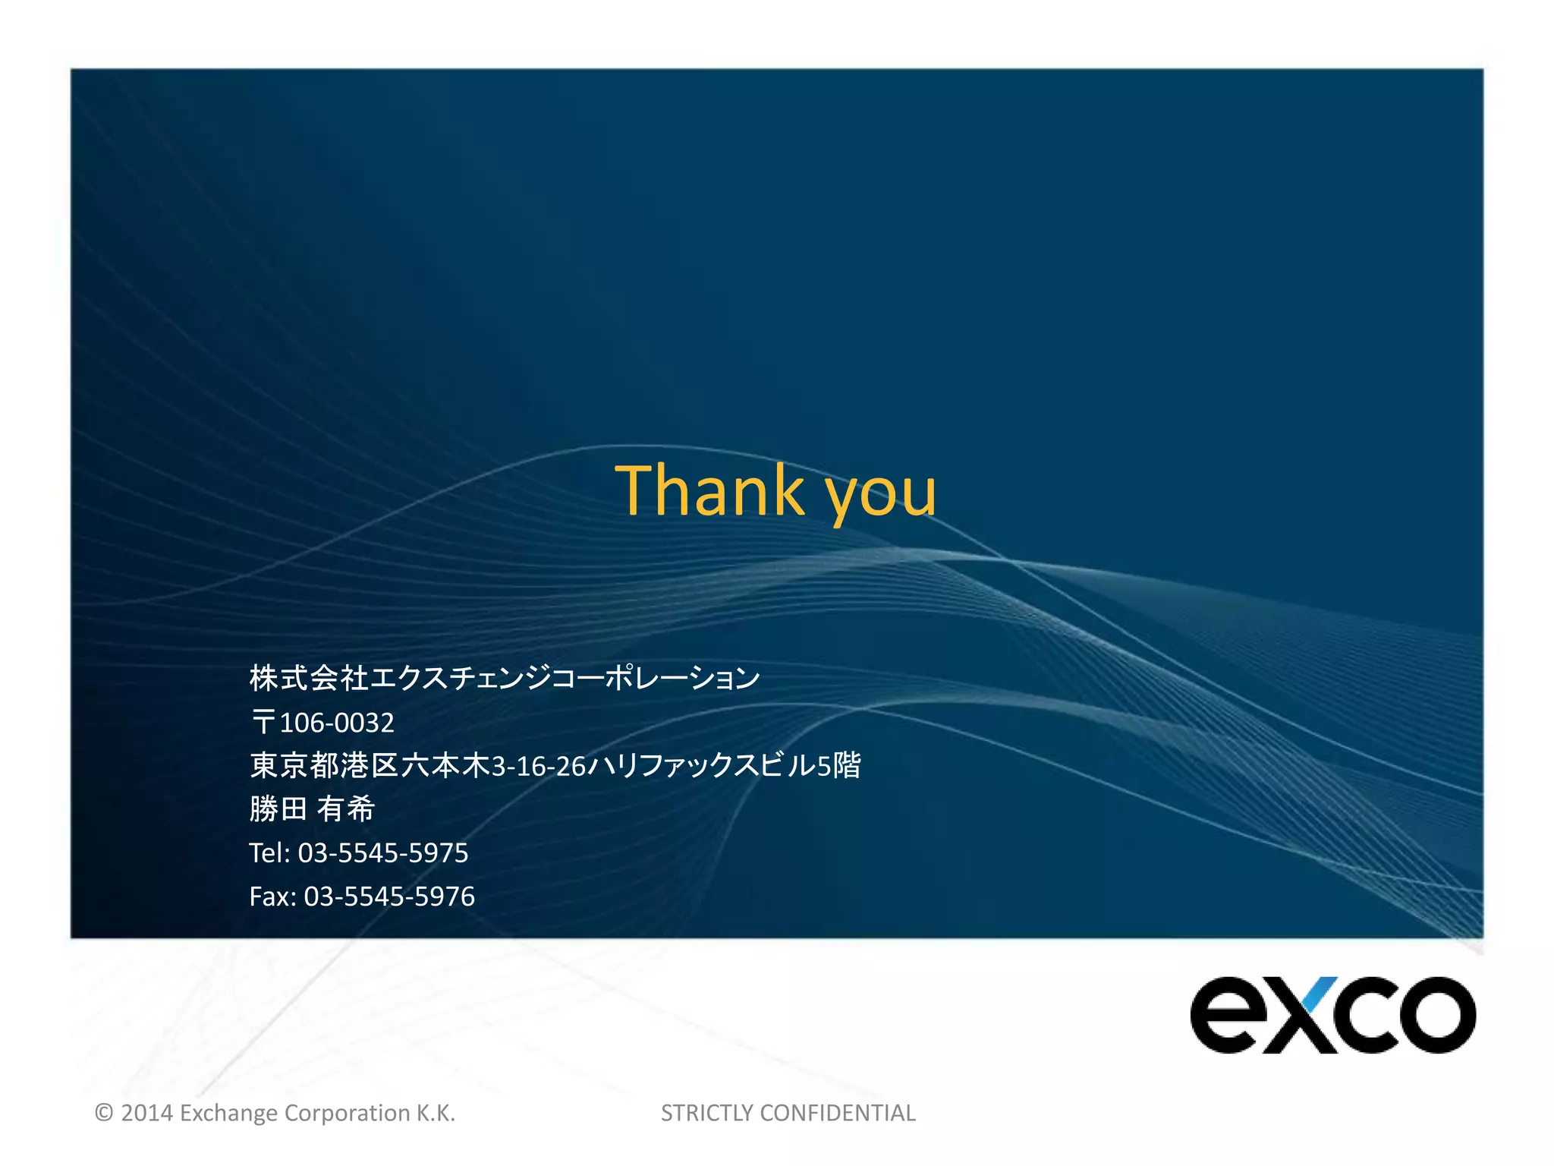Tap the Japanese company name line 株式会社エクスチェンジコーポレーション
pyautogui.click(x=505, y=678)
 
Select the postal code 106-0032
pyautogui.click(x=337, y=723)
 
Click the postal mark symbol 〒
pyautogui.click(x=263, y=723)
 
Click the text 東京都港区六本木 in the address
pyautogui.click(x=370, y=765)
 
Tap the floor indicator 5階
pyautogui.click(x=839, y=765)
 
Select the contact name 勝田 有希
pyautogui.click(x=312, y=809)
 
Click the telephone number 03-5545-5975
pyautogui.click(x=383, y=853)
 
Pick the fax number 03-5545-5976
pyautogui.click(x=389, y=897)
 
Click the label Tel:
pyautogui.click(x=269, y=853)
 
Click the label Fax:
pyautogui.click(x=272, y=897)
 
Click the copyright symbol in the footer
pyautogui.click(x=104, y=1113)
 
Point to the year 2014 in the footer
pyautogui.click(x=147, y=1113)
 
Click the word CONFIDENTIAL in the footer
pyautogui.click(x=837, y=1113)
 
